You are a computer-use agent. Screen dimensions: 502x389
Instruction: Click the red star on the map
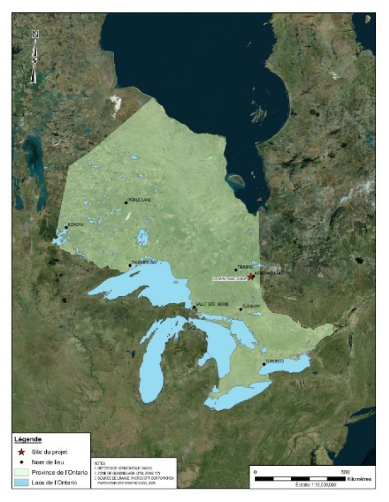point(251,277)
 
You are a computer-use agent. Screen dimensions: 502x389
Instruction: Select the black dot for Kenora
point(65,228)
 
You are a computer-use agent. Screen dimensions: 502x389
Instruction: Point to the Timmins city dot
point(236,269)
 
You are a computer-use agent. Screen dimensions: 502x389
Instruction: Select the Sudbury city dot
point(241,309)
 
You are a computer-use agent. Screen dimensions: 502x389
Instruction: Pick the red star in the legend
point(24,451)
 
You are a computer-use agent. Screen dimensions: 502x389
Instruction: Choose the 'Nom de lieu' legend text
point(55,462)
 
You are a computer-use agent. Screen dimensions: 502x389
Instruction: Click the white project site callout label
point(230,279)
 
